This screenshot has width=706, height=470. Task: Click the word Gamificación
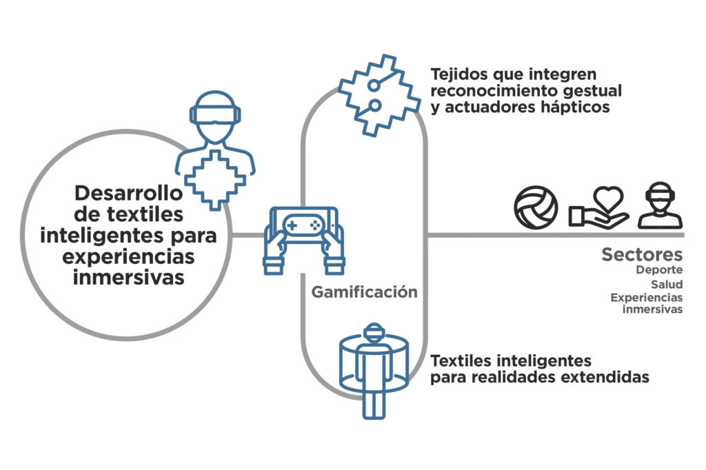pos(364,292)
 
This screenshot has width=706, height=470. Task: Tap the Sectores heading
pos(642,254)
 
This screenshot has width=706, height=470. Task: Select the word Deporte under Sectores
pos(659,269)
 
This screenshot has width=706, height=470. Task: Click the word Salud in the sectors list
pos(667,284)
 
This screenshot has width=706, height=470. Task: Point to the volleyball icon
pos(536,207)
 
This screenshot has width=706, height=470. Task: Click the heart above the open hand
pos(608,199)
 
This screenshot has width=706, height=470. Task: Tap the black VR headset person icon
pos(660,205)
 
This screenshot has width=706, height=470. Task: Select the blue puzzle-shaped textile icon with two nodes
pos(380,95)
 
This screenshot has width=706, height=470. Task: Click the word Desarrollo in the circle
pos(128,193)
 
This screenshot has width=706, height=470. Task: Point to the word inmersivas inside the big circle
pos(129,277)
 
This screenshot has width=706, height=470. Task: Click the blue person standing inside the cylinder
pos(374,371)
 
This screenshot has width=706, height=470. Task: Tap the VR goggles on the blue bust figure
pos(215,114)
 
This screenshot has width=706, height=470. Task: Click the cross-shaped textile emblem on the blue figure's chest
pos(215,180)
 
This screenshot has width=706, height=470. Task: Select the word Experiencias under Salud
pos(647,298)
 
